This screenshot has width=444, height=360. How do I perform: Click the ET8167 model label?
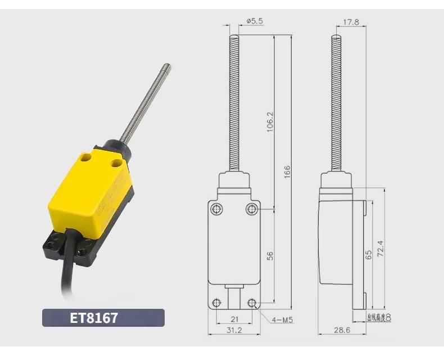tap(94, 318)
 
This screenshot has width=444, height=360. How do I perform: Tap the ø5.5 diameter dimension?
tap(255, 21)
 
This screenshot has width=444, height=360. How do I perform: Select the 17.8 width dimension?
tap(351, 22)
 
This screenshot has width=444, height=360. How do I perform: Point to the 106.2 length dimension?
tap(270, 122)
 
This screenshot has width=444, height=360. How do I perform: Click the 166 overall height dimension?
tap(287, 172)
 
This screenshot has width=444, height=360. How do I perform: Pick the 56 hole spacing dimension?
tap(270, 256)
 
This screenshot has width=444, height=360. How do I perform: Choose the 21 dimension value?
tap(234, 319)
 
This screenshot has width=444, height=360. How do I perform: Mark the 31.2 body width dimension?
tap(234, 330)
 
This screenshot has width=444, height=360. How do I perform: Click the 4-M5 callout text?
tap(282, 320)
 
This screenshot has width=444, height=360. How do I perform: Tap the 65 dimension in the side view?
tap(368, 255)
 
